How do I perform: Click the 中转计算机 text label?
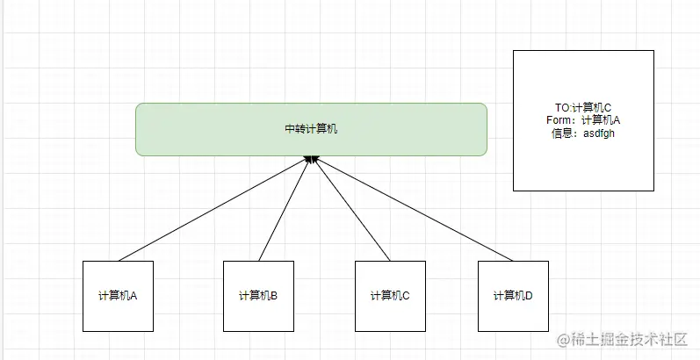pos(311,129)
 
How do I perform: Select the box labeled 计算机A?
pos(118,316)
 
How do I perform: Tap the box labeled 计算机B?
pos(258,316)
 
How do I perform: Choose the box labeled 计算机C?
pos(390,316)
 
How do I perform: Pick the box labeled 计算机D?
pos(513,316)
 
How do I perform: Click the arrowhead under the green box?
pos(310,160)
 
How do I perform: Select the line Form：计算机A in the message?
pos(583,120)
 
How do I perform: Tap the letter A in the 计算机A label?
pos(134,296)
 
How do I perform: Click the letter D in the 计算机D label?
pos(529,296)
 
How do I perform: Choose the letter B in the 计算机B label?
pos(274,296)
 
